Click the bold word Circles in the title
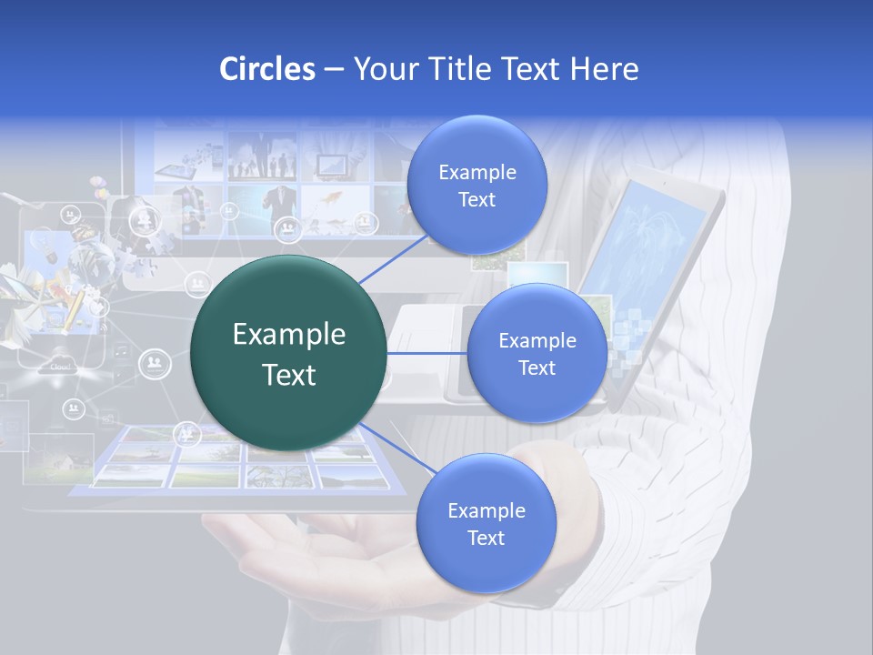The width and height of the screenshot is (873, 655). tap(266, 69)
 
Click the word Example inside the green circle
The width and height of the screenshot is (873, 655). tap(288, 335)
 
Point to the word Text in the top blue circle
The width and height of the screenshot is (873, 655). tap(477, 200)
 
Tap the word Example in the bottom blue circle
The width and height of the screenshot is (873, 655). tap(486, 510)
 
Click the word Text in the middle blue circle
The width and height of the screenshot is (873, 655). tap(537, 368)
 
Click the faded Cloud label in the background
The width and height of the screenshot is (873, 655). tap(60, 367)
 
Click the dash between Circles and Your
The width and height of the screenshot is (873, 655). tap(334, 70)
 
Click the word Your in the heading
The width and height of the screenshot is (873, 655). tap(382, 69)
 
